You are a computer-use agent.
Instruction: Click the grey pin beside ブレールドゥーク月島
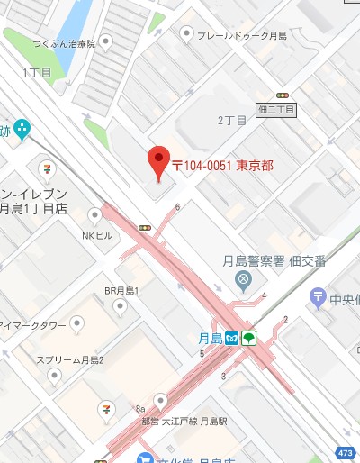coord(186,34)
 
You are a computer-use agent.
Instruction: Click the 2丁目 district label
coord(231,120)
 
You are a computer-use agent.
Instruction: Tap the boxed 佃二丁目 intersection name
coord(276,109)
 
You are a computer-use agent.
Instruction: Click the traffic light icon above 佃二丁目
coord(283,94)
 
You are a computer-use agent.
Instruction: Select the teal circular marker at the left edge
coord(22,129)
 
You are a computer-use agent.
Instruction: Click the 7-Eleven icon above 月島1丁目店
coord(45,168)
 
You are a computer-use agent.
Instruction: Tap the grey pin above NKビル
coord(95,214)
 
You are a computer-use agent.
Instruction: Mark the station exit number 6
coord(178,207)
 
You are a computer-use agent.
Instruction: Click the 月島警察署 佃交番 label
coord(274,261)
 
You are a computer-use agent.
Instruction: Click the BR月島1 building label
coord(121,290)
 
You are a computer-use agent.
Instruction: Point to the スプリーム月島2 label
coord(70,359)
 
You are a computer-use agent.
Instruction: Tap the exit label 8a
coord(139,407)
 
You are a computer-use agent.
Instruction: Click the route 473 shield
coord(346,450)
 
